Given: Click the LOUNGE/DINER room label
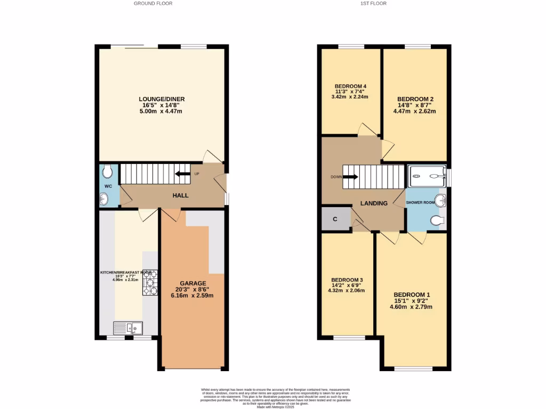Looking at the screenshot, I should coord(162,99).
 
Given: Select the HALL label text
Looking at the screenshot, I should coord(180,195).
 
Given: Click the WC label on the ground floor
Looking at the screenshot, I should coord(107,186).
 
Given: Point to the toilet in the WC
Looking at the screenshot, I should coord(107,171).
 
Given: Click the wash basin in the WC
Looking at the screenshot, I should coord(103,199).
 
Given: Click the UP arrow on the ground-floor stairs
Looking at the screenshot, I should coord(183,174).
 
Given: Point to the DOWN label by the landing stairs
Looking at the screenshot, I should coord(336,177).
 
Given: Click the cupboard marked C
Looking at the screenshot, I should coord(335,218).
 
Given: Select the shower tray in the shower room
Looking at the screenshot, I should coord(427,176).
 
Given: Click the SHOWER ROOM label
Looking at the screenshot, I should coord(422,203).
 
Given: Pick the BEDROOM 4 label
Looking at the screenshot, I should coord(350,86).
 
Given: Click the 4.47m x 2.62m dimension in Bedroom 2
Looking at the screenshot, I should coord(414,112).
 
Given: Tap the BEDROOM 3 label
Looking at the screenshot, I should coord(347,280).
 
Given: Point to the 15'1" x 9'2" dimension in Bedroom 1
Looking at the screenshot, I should coord(412,301).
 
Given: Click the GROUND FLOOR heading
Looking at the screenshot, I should coord(152,3).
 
